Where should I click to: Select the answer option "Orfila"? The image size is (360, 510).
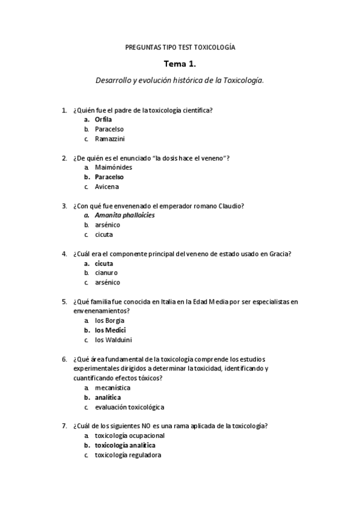(x=103, y=119)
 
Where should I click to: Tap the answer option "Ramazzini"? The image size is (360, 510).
(x=109, y=138)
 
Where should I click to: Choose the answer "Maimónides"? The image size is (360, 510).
(x=114, y=167)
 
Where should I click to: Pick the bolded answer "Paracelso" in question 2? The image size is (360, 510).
(x=109, y=177)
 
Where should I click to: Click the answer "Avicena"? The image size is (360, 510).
(x=107, y=186)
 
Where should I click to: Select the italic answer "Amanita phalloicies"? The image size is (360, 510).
(x=124, y=215)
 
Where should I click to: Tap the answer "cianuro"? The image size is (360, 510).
(x=106, y=272)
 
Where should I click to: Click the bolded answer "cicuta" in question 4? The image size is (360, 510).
(x=104, y=263)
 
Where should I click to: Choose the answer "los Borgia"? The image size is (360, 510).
(x=111, y=321)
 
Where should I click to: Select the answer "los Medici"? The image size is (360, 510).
(x=111, y=330)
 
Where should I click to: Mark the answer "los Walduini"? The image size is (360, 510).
(x=114, y=340)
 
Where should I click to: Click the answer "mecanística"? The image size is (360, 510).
(x=113, y=388)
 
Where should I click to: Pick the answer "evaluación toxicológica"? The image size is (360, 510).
(x=129, y=407)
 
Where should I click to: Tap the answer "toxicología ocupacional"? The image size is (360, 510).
(x=129, y=435)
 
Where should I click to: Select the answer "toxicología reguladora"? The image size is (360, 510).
(x=127, y=455)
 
